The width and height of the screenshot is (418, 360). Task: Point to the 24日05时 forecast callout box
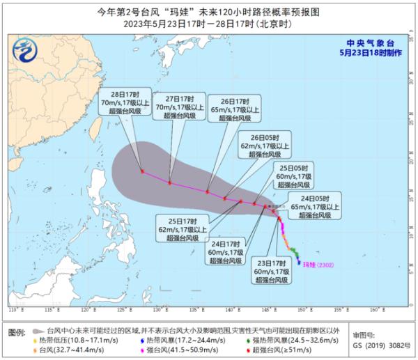tap(313, 207)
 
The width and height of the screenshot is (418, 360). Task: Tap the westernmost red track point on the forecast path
tap(142, 171)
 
